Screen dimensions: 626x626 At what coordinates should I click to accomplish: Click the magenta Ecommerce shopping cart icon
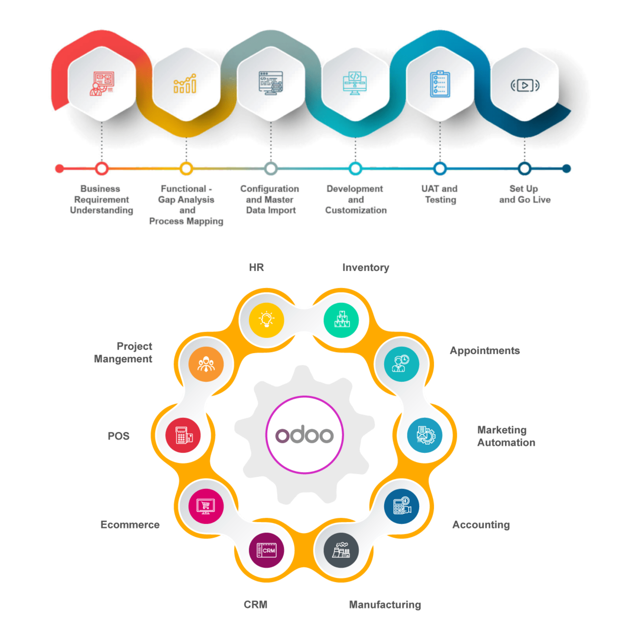(206, 506)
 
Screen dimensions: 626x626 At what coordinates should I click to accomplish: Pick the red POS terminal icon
(183, 435)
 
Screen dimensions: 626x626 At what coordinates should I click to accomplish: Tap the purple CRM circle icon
(266, 550)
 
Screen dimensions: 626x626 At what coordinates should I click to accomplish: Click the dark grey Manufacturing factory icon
(341, 550)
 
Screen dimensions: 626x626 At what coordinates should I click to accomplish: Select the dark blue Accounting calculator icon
(401, 506)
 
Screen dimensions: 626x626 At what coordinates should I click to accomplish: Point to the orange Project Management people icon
(206, 364)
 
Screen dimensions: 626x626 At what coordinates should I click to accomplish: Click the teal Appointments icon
(401, 364)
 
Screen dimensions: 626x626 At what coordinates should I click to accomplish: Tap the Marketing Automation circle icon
(425, 435)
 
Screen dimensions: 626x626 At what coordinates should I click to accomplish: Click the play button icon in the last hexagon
(525, 85)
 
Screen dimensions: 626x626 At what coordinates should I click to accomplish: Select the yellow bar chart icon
(185, 83)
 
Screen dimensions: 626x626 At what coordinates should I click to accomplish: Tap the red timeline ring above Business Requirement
(102, 168)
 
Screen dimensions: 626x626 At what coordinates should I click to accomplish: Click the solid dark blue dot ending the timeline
(567, 168)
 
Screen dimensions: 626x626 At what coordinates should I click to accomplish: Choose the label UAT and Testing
(440, 194)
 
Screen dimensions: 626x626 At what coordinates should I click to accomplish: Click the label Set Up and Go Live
(525, 194)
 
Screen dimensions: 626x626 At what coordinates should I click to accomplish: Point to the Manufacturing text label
(385, 605)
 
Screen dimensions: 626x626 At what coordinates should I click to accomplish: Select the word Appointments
(485, 351)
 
